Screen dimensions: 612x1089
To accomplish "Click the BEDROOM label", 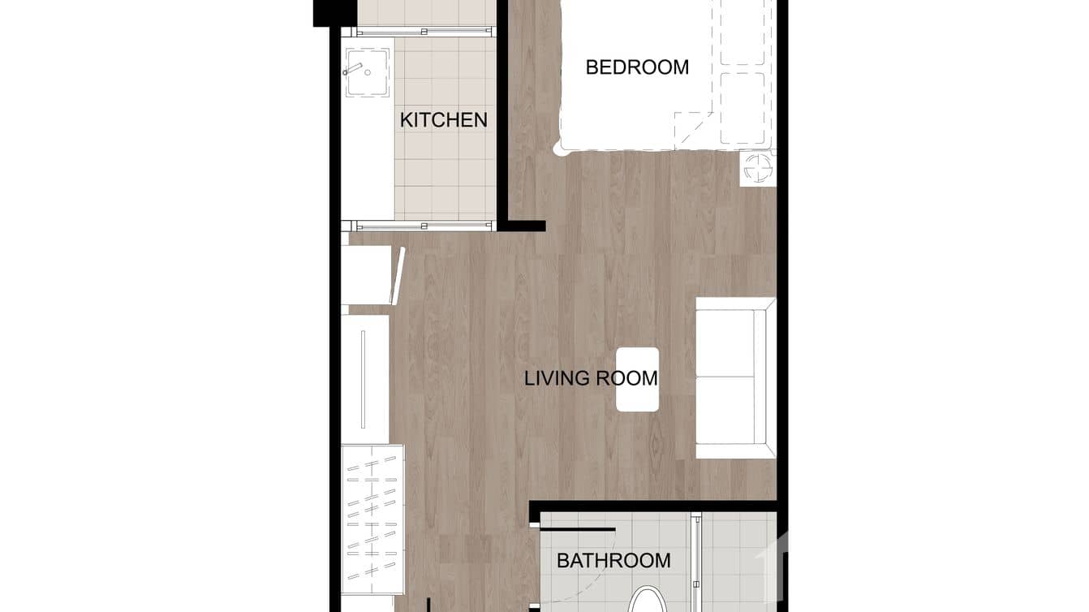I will click(x=637, y=67).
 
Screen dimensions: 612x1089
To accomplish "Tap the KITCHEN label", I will click(x=444, y=120).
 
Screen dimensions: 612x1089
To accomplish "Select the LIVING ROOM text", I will click(x=590, y=378).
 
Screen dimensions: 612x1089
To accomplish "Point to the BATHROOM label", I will click(x=613, y=560).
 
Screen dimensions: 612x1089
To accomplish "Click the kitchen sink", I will click(x=368, y=72).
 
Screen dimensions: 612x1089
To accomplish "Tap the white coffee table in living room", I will click(x=637, y=379).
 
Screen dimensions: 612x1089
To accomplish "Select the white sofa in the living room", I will click(x=734, y=377).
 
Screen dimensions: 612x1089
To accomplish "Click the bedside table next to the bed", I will click(x=758, y=169).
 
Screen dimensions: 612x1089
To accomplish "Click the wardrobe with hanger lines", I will click(x=372, y=519).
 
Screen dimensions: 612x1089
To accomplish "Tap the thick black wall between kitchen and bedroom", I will click(x=502, y=114).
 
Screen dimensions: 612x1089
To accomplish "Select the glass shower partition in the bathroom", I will click(x=695, y=560).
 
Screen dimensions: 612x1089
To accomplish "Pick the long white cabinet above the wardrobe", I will click(x=365, y=379).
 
